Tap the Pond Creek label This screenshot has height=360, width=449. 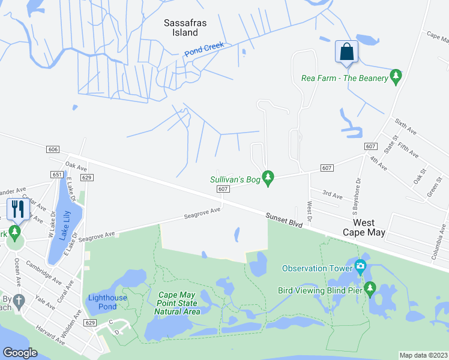(x=204, y=49)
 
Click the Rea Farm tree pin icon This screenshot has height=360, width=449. (x=396, y=77)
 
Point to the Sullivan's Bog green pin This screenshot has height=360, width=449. (x=268, y=178)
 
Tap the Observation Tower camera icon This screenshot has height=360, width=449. (x=360, y=266)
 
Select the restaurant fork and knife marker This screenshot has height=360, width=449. (x=17, y=209)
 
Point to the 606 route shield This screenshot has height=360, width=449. (x=53, y=149)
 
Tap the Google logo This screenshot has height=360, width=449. (x=20, y=353)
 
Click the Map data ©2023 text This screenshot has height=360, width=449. (x=423, y=355)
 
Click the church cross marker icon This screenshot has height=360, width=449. (x=19, y=300)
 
